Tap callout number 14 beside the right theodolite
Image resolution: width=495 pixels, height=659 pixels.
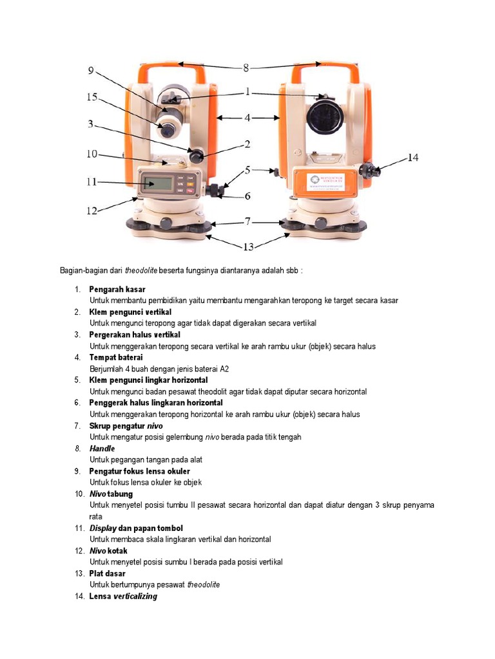413,158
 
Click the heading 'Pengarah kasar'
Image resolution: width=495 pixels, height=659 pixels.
117,289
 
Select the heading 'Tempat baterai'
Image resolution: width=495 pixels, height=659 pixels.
116,357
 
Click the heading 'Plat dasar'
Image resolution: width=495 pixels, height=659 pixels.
107,573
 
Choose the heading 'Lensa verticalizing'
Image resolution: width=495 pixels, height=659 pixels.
123,597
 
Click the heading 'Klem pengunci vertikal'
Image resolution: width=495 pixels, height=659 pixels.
130,312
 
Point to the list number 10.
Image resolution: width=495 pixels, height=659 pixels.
79,494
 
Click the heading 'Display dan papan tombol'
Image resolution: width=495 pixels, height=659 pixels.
136,528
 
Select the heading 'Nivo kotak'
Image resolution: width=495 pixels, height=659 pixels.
108,551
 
